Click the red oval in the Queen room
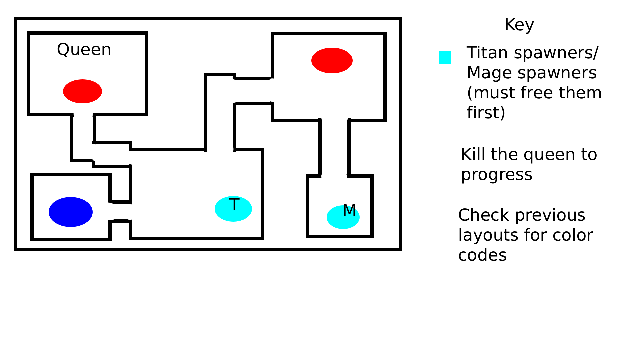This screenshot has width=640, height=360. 82,91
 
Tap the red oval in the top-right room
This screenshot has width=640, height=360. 332,60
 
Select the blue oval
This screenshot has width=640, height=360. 71,212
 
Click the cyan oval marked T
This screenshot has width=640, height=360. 233,209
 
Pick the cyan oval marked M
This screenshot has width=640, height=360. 343,217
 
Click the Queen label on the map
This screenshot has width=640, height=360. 84,50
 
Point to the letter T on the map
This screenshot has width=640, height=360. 234,204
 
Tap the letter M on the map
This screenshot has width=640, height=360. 349,210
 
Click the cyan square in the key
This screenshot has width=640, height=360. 445,58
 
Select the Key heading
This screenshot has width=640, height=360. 519,25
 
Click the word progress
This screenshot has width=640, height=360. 497,175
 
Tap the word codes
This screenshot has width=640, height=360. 482,255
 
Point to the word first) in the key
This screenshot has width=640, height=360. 486,113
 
